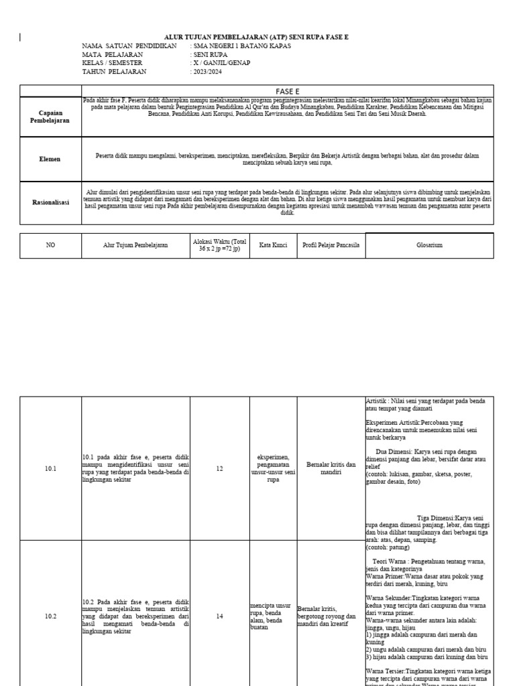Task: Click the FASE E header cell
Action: point(287,90)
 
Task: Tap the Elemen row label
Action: point(51,159)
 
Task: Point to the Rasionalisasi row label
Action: point(51,201)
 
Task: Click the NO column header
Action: point(51,245)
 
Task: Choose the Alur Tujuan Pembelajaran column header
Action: point(135,245)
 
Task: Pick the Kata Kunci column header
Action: point(273,245)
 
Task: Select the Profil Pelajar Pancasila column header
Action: point(331,245)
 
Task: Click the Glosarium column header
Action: point(429,245)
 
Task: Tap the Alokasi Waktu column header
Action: point(219,245)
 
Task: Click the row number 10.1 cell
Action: point(51,469)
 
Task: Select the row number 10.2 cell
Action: point(51,617)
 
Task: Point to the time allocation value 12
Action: point(219,469)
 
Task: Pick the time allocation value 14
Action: point(219,617)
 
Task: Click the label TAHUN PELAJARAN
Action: point(113,71)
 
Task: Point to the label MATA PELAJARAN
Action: point(112,54)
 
